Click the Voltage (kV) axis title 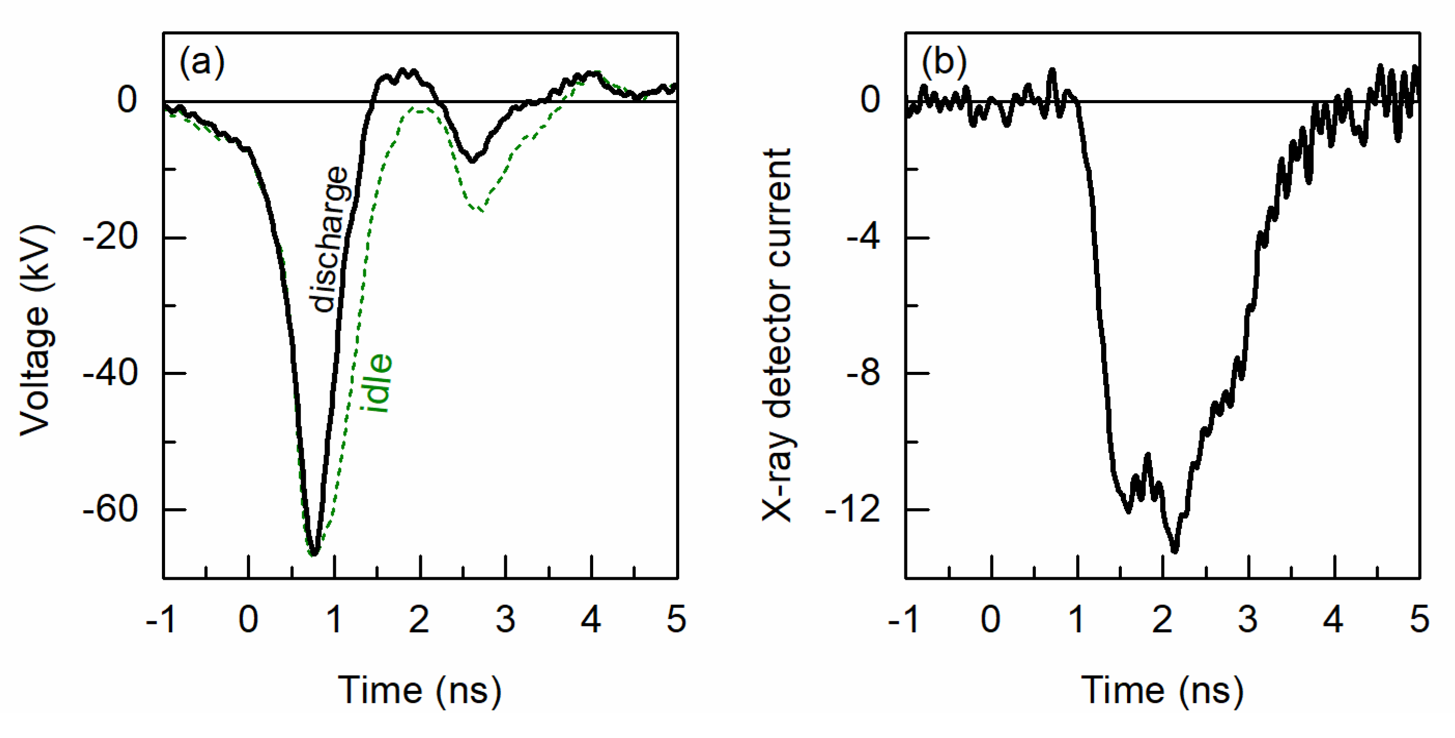point(37,330)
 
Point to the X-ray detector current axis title point(778,335)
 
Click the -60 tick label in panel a point(111,509)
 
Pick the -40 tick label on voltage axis point(111,373)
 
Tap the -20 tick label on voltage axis point(111,238)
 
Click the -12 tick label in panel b point(853,509)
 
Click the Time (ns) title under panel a point(420,690)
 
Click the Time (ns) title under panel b point(1162,690)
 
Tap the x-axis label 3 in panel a point(505,619)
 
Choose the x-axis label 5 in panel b point(1419,619)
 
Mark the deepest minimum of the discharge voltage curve point(314,553)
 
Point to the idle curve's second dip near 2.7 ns point(479,211)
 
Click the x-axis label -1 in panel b point(904,619)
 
